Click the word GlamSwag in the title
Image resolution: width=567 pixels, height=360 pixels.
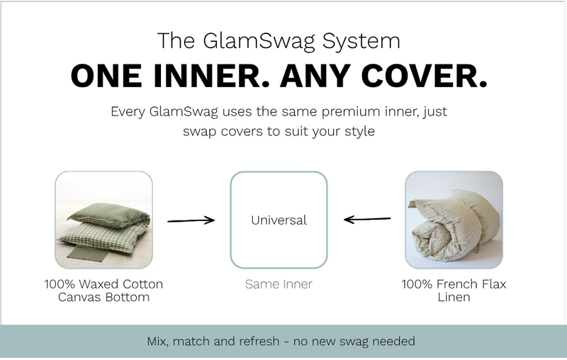(259, 41)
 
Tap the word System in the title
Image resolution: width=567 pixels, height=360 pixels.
(361, 41)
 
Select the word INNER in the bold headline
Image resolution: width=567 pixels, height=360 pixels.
(211, 76)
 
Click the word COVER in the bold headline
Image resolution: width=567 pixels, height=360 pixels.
(424, 76)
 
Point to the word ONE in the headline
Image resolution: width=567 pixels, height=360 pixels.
(106, 76)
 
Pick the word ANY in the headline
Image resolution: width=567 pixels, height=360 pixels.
(315, 76)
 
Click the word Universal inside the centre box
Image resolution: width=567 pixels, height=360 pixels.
(279, 220)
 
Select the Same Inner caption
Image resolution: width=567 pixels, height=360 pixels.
(279, 284)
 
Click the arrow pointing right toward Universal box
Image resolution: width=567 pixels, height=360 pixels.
(191, 220)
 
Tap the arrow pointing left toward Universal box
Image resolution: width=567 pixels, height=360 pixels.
(367, 219)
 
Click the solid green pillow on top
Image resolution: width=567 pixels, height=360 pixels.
(109, 213)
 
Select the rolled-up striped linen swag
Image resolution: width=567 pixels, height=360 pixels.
(454, 227)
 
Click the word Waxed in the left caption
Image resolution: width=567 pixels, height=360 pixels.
(99, 284)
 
